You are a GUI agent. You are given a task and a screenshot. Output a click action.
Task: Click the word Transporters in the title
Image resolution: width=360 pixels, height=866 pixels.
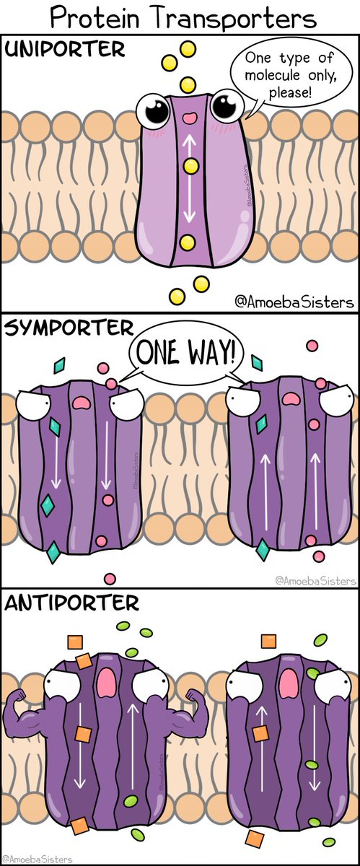tap(230, 18)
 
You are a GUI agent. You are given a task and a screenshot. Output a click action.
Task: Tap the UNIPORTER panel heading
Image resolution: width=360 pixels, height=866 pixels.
tap(65, 50)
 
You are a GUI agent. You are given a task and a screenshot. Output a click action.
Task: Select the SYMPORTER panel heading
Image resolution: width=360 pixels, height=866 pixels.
tap(69, 328)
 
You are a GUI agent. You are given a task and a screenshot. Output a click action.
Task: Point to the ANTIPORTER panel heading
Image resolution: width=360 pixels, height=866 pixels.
tap(71, 603)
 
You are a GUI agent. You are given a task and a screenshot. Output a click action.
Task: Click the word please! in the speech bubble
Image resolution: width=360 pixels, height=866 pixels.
tap(290, 93)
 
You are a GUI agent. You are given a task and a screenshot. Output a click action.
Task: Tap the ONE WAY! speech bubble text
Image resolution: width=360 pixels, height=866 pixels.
tap(185, 352)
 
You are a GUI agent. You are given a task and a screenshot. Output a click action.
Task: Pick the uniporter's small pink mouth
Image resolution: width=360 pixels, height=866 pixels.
tap(190, 118)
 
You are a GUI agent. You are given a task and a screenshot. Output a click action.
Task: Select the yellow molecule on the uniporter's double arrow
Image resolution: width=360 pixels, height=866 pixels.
tap(190, 166)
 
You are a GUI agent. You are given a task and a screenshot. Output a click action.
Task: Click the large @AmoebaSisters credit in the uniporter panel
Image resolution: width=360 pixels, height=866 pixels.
tap(294, 302)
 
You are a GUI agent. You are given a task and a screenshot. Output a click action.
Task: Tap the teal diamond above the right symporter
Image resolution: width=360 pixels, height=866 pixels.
tap(257, 362)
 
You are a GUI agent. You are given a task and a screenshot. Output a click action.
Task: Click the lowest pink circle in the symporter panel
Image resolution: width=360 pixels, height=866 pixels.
tap(110, 579)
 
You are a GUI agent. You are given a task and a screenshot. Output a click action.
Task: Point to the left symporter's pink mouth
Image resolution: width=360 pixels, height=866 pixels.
tap(82, 403)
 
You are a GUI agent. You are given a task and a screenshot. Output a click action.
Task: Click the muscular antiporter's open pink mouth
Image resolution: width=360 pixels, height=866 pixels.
tap(105, 683)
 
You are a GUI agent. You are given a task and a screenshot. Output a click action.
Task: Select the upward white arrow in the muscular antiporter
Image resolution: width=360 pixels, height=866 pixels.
tap(133, 747)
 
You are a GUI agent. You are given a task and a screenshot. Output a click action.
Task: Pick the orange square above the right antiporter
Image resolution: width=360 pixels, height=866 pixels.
tap(268, 641)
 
